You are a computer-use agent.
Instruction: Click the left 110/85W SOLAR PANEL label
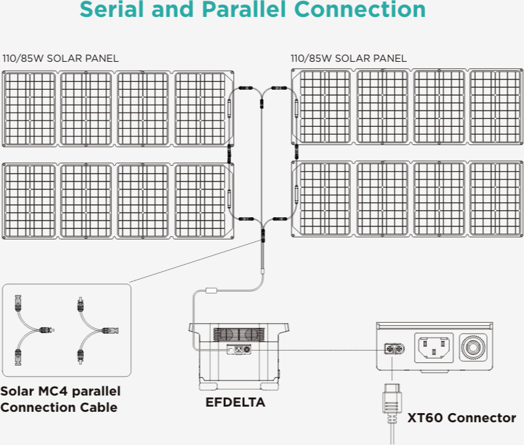[61, 59]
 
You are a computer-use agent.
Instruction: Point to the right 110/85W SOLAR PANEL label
[349, 59]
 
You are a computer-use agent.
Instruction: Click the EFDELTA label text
[236, 403]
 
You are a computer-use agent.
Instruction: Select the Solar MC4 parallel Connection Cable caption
[60, 399]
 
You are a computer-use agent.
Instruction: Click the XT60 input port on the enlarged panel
[393, 349]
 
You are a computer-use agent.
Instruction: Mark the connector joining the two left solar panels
[228, 154]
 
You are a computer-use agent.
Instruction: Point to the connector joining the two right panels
[296, 154]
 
